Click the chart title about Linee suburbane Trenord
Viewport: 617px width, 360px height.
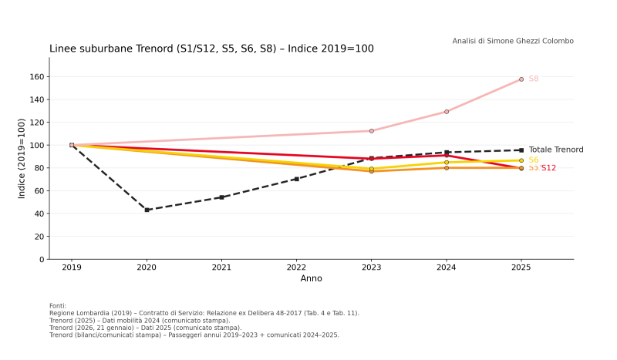(x=211, y=49)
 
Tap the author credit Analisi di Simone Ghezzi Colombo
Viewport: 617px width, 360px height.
(x=513, y=41)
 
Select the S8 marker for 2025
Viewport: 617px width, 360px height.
(x=521, y=79)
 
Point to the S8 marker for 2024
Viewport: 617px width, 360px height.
(x=447, y=112)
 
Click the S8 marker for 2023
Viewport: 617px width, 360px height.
(x=371, y=131)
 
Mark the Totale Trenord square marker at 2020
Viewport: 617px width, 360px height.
(x=147, y=210)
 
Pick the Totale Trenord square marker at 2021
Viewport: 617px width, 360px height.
(x=221, y=197)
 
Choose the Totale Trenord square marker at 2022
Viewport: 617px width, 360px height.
(x=296, y=179)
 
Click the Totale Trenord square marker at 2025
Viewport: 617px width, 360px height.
(x=521, y=150)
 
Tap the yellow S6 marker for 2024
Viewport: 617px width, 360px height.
(x=447, y=163)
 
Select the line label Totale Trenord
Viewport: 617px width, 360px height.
(x=555, y=150)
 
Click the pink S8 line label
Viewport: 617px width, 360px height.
(x=534, y=79)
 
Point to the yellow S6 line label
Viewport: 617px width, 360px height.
(x=534, y=160)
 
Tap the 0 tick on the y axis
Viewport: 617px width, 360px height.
(x=41, y=260)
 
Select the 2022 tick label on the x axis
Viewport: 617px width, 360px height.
(x=296, y=268)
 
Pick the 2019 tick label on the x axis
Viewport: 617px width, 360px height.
(x=72, y=268)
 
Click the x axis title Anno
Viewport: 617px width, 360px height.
(x=311, y=278)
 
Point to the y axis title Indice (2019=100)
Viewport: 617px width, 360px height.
(x=22, y=158)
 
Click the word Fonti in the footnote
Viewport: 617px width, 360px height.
(x=58, y=306)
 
